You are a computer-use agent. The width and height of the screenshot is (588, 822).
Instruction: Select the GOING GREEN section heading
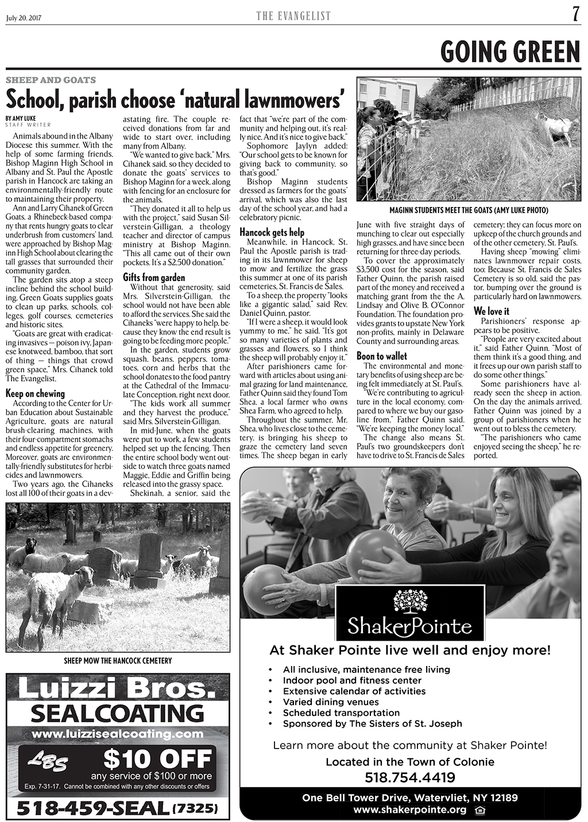tap(510, 52)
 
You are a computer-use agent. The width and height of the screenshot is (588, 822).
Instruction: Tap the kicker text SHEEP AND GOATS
tap(51, 80)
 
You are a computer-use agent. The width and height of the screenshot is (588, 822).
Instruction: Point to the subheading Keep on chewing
tap(35, 394)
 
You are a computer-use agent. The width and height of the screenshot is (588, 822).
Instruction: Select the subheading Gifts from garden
tap(154, 278)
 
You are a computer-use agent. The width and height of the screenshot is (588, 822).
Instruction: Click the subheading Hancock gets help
tap(272, 232)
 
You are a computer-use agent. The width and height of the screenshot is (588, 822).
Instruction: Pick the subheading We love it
tap(491, 311)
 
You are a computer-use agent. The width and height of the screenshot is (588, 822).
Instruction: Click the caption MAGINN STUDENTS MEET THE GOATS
tap(468, 210)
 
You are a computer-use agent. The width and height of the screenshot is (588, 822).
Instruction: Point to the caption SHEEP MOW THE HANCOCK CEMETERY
tap(118, 661)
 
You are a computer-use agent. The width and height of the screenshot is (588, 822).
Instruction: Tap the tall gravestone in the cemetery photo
tap(150, 557)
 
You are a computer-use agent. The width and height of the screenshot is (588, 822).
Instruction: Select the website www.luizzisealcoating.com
tap(118, 734)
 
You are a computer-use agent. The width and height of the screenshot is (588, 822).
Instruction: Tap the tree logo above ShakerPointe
tap(409, 603)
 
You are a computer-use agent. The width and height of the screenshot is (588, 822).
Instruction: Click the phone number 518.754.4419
tap(410, 778)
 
